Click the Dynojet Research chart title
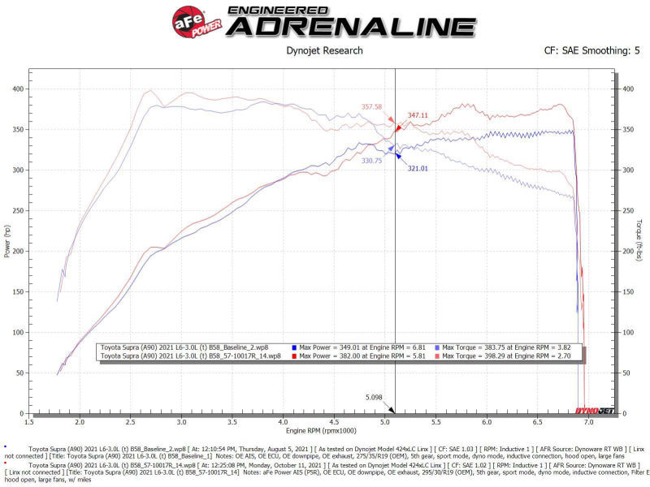coord(325,50)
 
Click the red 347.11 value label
coord(418,116)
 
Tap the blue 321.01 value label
coord(417,168)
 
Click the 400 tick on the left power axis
coord(17,88)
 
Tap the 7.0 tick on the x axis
coord(588,423)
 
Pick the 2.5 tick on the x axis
coord(131,423)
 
